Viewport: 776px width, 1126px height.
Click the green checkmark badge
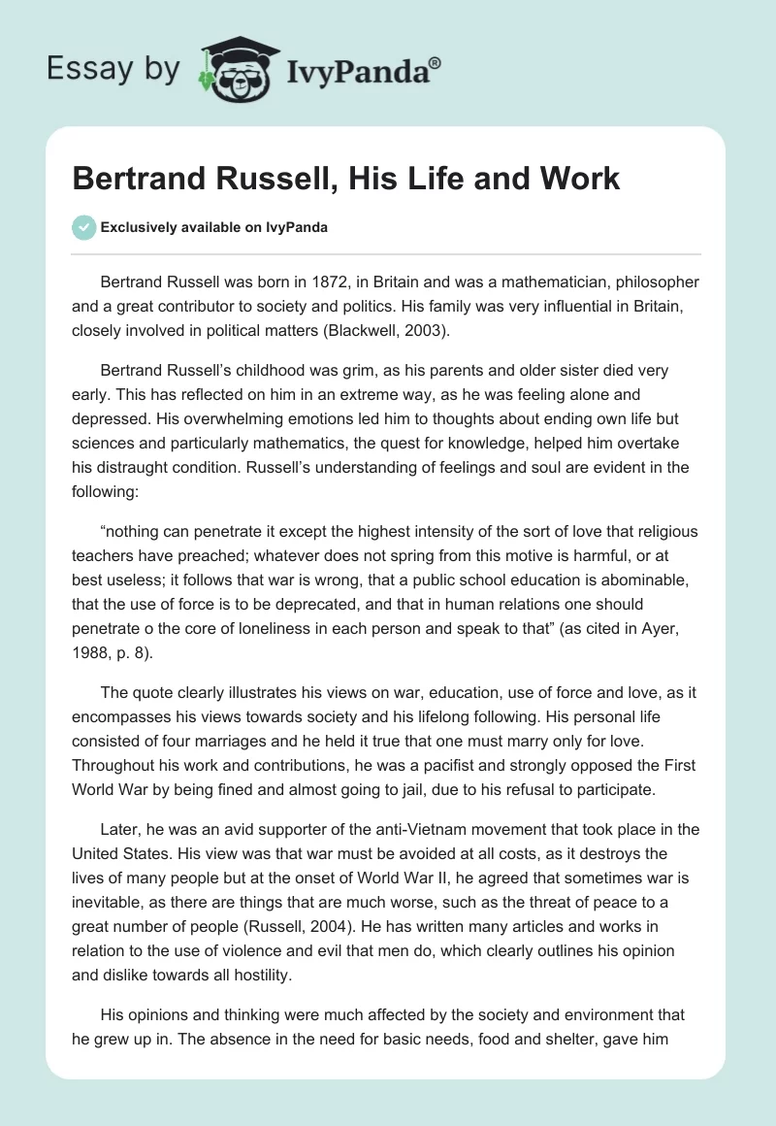[83, 227]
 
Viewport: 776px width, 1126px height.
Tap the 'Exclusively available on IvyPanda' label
[213, 228]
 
